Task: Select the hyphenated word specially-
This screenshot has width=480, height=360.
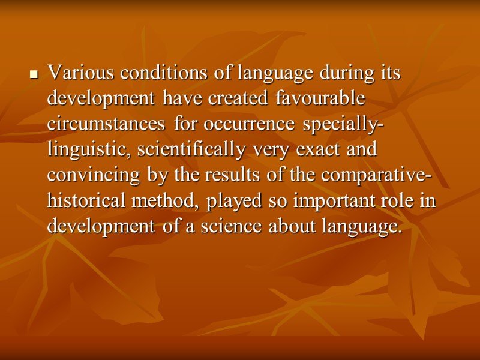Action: tap(344, 125)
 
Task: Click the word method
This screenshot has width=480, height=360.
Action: tap(166, 201)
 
